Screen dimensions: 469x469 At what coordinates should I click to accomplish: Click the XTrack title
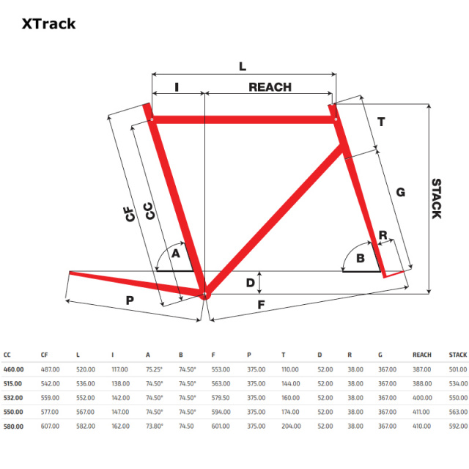click(x=49, y=24)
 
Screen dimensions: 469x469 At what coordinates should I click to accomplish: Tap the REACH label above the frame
click(x=270, y=87)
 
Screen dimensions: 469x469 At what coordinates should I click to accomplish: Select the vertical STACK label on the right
click(x=437, y=199)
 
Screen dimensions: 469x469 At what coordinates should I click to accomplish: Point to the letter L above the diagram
click(x=243, y=67)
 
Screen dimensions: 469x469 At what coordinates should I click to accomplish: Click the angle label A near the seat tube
click(x=176, y=254)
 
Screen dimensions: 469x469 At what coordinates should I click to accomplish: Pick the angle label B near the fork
click(x=361, y=258)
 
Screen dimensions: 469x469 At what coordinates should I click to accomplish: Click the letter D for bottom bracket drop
click(x=251, y=283)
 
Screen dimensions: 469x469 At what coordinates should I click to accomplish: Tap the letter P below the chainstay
click(x=130, y=300)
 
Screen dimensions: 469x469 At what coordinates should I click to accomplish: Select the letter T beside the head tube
click(x=381, y=122)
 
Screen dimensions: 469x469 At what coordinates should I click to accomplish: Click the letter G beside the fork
click(x=401, y=192)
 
